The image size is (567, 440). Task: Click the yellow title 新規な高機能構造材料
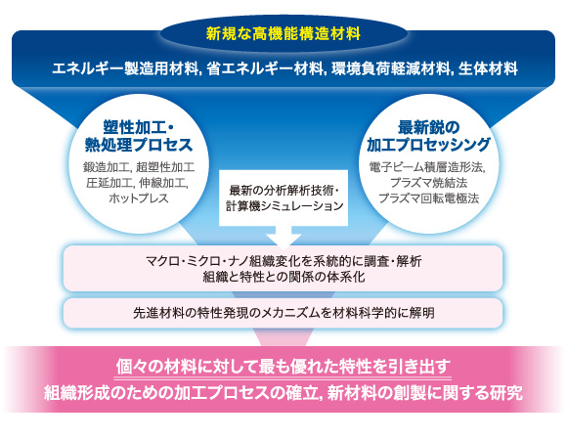283,34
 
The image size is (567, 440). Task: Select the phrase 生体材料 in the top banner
488,68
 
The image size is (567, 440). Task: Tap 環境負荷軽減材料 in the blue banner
390,68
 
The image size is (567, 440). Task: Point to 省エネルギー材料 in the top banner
265,68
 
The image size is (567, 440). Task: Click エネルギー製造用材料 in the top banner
125,68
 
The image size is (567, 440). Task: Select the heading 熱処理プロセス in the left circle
139,145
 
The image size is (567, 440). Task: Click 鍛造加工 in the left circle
106,167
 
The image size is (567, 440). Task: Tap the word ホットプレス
139,198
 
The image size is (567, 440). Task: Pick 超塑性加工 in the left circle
165,167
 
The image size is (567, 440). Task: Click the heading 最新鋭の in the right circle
428,127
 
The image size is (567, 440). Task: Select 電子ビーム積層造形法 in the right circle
426,167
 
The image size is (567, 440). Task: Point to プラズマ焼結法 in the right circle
428,183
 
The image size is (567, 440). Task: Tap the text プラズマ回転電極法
428,198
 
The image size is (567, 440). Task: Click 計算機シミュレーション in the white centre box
284,206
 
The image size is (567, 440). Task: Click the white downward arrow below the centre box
283,238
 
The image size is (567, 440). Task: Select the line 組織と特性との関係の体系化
283,277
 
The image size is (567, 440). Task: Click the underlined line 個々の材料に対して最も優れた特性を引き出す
283,367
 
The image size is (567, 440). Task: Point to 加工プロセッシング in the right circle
428,145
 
